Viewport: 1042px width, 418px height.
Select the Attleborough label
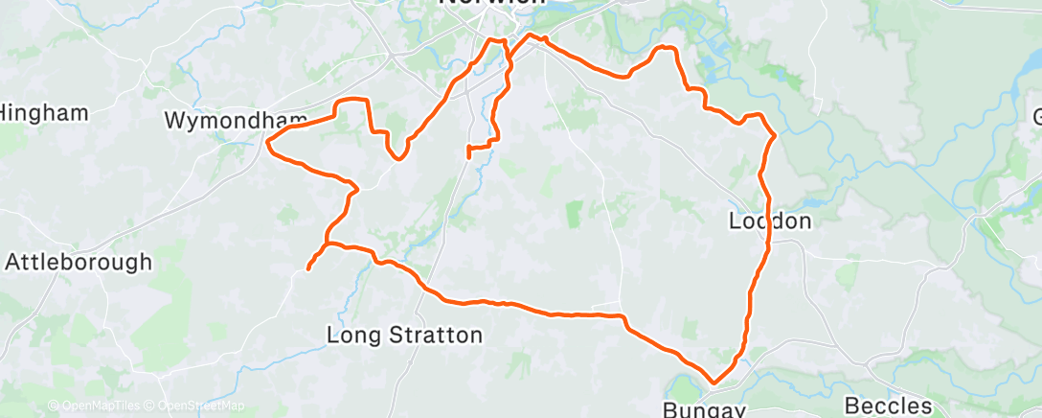79,262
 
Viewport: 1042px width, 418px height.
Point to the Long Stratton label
404,336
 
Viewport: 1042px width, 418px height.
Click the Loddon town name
770,221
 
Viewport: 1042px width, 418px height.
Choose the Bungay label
704,409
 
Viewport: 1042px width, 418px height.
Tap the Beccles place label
889,406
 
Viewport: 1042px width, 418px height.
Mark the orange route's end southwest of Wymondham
308,269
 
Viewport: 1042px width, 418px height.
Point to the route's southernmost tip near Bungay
714,383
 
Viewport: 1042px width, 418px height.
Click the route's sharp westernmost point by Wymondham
267,145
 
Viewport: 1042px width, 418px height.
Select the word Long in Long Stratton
350,336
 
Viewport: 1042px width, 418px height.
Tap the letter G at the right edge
1035,118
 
